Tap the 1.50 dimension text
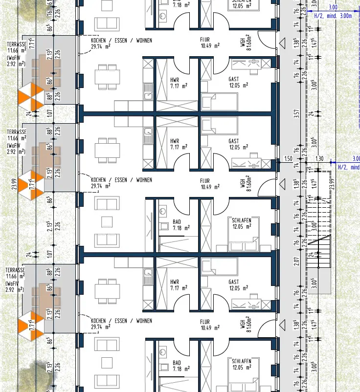288,158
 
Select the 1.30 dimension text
319,158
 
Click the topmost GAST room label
234,79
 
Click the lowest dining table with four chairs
108,291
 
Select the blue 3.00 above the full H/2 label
333,7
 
